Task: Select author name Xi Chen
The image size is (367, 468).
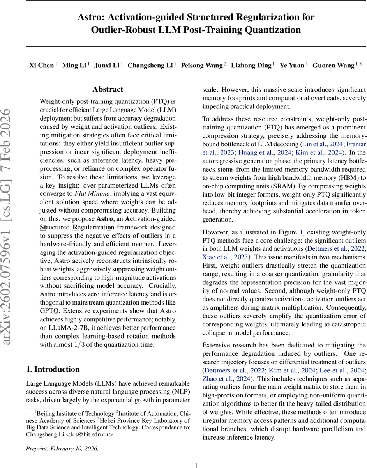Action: [x=41, y=65]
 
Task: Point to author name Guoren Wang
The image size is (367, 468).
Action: [x=333, y=65]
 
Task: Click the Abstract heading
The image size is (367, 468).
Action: [x=108, y=89]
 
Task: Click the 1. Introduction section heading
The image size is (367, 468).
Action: [x=53, y=369]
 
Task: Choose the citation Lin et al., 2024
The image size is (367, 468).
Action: [x=321, y=144]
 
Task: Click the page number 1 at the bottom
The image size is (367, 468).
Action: [x=196, y=465]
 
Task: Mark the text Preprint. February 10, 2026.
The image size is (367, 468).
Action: [x=62, y=448]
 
